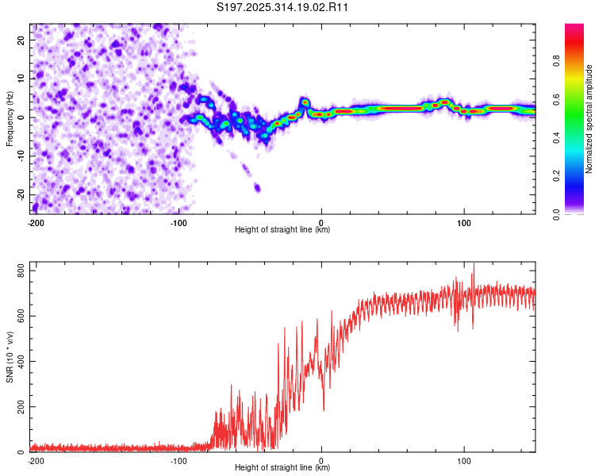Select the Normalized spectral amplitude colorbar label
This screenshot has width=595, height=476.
click(x=589, y=119)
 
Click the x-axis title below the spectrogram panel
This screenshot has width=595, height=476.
click(x=283, y=230)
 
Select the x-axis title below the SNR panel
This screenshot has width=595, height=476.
click(x=283, y=468)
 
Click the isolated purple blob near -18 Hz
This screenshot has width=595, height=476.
click(x=257, y=188)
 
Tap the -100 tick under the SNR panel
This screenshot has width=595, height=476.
click(x=178, y=461)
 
